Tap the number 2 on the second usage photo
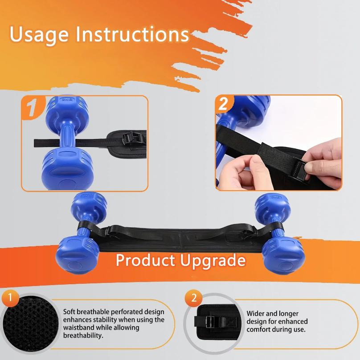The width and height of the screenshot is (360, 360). coord(224,104)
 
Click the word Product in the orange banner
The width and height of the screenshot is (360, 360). coord(145,260)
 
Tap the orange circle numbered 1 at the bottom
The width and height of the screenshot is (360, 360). coord(10,297)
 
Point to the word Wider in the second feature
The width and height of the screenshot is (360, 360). coord(256,314)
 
